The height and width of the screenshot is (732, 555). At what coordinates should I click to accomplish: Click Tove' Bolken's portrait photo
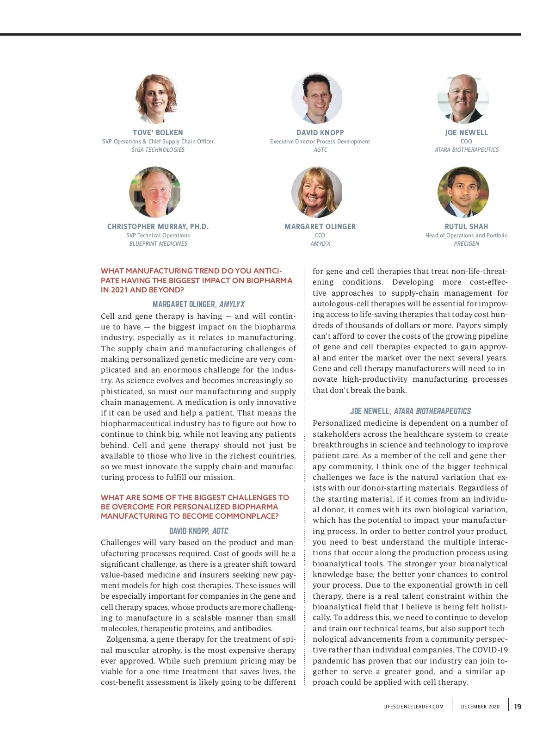click(x=157, y=99)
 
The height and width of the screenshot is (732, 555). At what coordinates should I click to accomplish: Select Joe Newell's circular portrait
click(x=463, y=99)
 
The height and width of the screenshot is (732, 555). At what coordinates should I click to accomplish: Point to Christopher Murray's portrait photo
click(x=155, y=192)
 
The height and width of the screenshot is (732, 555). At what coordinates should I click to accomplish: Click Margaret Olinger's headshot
click(x=317, y=192)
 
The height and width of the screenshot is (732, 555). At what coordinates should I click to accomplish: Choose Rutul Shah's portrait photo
click(x=463, y=192)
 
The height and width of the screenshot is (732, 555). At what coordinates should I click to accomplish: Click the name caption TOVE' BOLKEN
click(x=158, y=132)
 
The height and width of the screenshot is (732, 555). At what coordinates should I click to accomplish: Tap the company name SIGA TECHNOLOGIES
click(x=158, y=150)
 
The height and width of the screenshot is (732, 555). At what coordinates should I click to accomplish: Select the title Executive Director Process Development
click(x=320, y=142)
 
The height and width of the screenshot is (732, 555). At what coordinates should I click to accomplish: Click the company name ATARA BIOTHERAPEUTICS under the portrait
click(x=467, y=150)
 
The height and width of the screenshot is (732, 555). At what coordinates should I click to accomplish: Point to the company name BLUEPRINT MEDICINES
click(x=158, y=244)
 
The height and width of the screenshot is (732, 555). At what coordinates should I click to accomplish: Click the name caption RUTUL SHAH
click(x=466, y=227)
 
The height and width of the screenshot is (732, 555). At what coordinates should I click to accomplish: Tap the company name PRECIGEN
click(x=466, y=244)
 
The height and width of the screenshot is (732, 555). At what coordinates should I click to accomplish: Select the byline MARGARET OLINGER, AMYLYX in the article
click(x=198, y=304)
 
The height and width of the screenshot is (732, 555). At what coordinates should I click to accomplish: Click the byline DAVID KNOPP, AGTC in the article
click(x=198, y=531)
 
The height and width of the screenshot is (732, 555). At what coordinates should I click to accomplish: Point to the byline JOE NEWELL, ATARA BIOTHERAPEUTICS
click(x=410, y=411)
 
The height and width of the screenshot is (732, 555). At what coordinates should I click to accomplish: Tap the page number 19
click(x=518, y=707)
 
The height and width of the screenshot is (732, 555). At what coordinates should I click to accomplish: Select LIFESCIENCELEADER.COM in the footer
click(x=413, y=707)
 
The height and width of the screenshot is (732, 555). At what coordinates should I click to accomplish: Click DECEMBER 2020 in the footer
click(x=480, y=707)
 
